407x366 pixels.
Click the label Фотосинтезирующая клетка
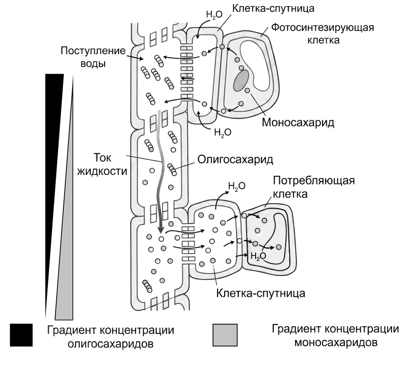tap(323, 34)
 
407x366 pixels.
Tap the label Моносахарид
tap(298, 122)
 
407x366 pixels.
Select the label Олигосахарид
tap(235, 160)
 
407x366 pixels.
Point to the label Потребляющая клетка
tap(314, 187)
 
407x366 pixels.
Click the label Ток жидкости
tap(102, 164)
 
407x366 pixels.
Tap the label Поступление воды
tap(93, 58)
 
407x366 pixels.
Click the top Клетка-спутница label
tap(273, 8)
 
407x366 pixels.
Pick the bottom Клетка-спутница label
tap(261, 293)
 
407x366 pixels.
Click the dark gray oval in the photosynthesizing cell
tap(241, 80)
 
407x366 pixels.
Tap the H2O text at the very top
tap(214, 15)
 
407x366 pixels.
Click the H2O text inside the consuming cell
tap(258, 256)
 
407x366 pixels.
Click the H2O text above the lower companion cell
tap(237, 186)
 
